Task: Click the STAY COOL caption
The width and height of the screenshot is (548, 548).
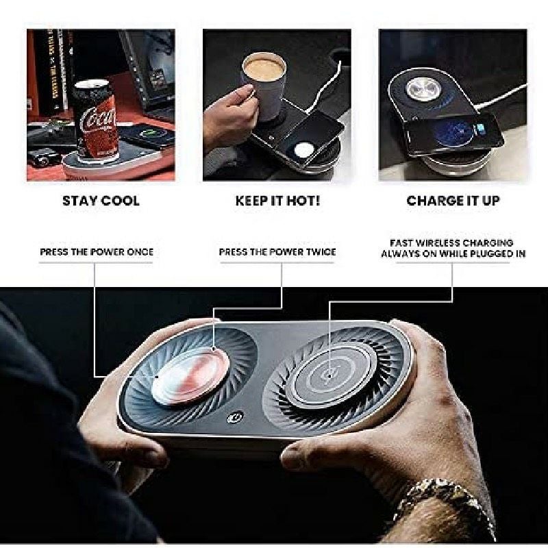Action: [x=101, y=201]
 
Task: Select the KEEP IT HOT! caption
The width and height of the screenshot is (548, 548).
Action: [x=277, y=201]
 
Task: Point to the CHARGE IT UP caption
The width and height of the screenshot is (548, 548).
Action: [x=453, y=201]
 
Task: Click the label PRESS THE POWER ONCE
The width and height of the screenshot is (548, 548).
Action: [x=97, y=252]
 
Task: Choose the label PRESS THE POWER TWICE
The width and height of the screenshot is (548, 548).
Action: [x=277, y=252]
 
